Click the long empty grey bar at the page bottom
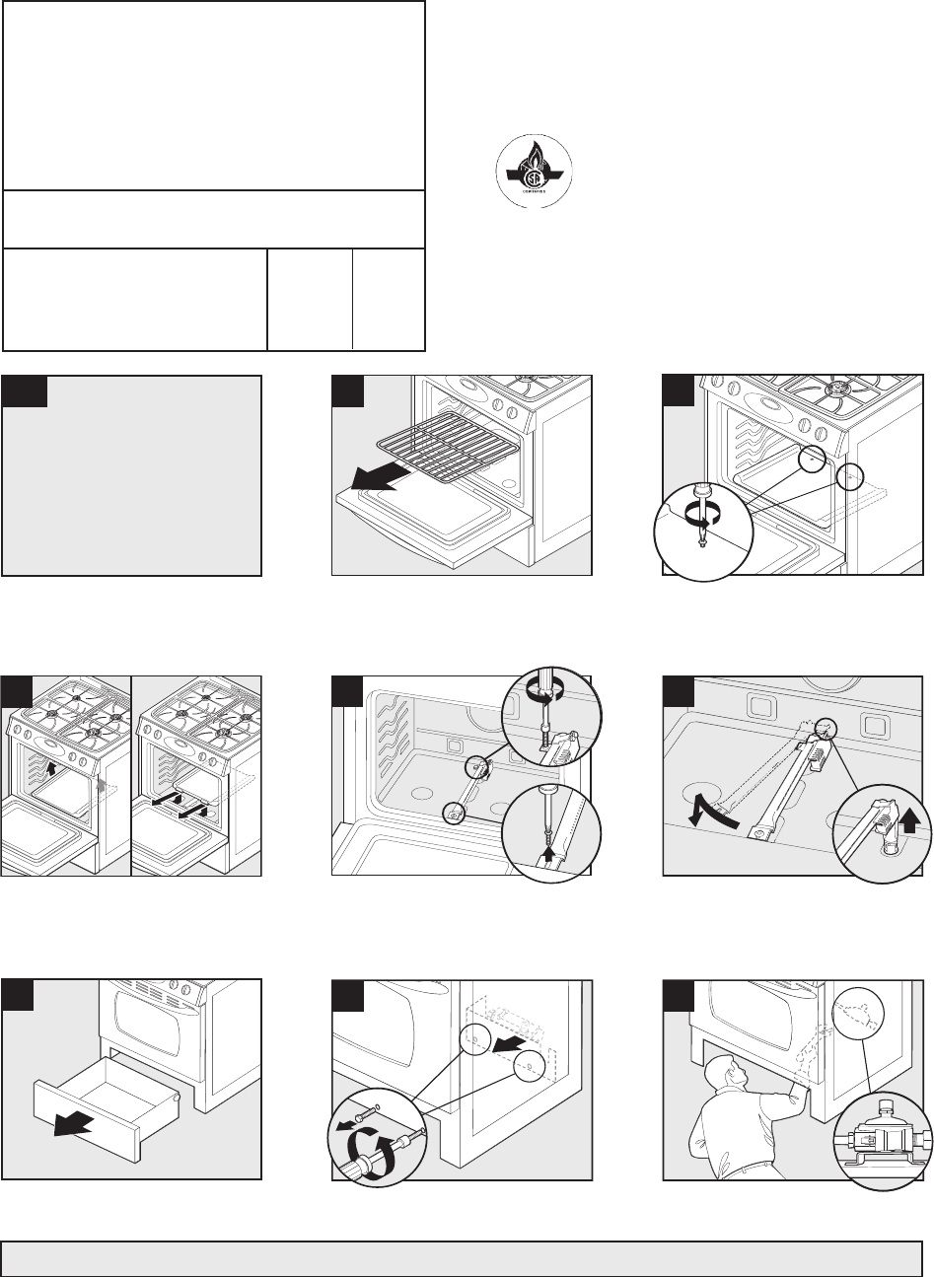[454, 1258]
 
